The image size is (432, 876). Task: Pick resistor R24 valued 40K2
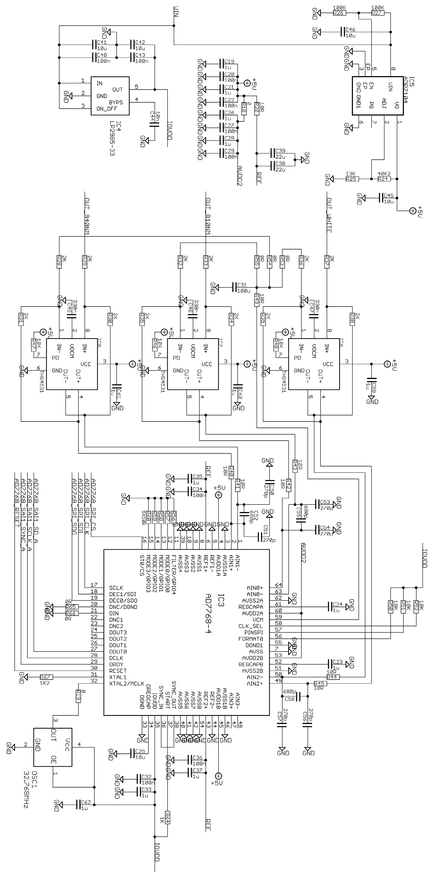[x=384, y=179]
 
